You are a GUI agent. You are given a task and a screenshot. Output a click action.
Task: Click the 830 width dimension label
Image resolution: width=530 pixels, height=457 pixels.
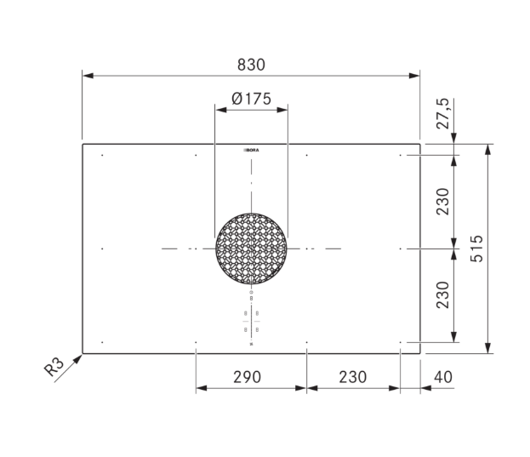tap(251, 65)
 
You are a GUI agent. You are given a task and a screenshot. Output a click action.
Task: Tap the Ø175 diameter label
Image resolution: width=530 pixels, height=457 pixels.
tap(251, 99)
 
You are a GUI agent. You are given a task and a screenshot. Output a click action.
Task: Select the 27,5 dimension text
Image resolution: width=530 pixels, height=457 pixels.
tap(442, 113)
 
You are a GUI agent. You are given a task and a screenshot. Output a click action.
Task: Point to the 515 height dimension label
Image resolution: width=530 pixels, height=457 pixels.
tap(476, 248)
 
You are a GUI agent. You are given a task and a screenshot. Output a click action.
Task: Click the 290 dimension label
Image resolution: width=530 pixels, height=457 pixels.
tap(247, 377)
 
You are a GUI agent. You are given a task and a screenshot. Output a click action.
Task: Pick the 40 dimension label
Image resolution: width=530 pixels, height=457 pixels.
tap(442, 377)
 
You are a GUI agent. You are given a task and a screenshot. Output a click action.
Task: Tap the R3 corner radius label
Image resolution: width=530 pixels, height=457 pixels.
tap(54, 367)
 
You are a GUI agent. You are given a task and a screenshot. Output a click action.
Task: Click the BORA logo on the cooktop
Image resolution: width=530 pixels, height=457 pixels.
tap(251, 150)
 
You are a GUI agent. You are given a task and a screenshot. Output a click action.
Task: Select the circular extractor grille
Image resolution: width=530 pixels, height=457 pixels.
tap(251, 248)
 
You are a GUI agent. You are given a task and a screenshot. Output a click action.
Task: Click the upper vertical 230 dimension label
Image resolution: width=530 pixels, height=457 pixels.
tap(442, 202)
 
